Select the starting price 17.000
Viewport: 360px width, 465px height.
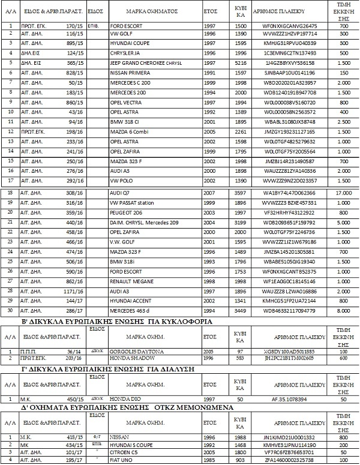(x=343, y=193)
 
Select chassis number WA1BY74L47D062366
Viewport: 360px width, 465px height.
(x=289, y=193)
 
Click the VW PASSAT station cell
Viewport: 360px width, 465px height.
(x=133, y=203)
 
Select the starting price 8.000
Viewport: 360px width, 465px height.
(x=343, y=311)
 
